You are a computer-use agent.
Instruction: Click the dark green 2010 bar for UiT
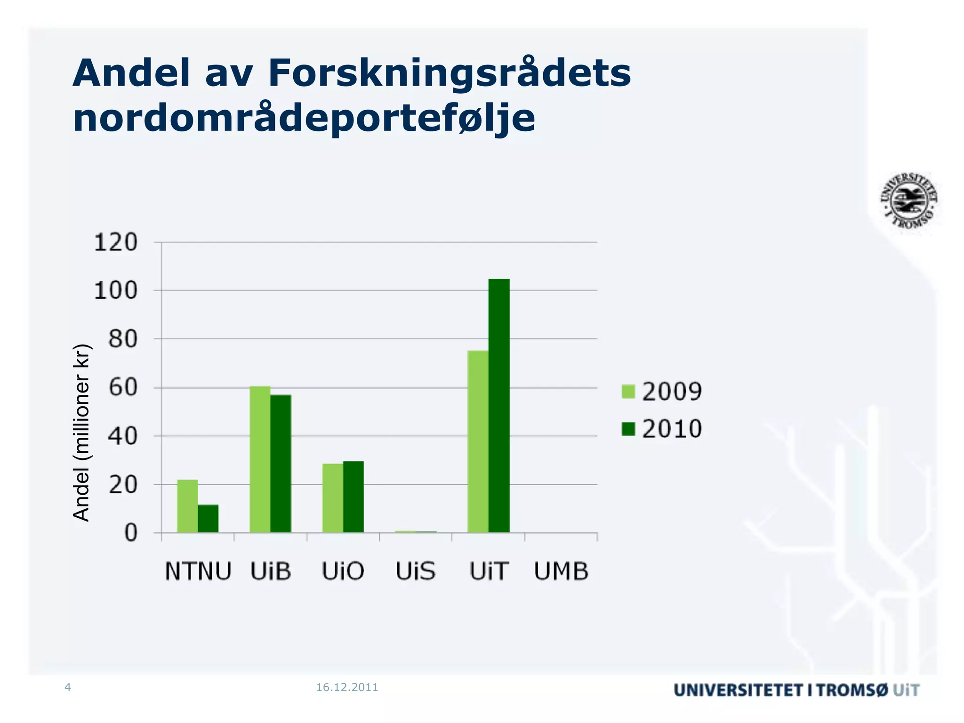[x=498, y=406]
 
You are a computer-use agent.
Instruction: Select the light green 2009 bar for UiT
[x=478, y=442]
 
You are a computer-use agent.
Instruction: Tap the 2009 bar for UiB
[x=260, y=459]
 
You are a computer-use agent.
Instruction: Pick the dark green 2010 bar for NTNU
[x=208, y=519]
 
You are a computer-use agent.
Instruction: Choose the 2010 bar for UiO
[x=353, y=497]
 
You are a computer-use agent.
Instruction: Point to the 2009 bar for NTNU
[x=187, y=506]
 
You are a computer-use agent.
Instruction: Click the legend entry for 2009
[x=661, y=391]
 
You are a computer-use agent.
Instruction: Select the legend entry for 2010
[x=661, y=429]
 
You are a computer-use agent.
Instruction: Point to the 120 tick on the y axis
[x=116, y=243]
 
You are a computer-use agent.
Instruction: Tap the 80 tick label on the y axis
[x=123, y=339]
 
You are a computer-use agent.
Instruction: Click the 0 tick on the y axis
[x=130, y=533]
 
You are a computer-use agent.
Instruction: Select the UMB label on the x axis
[x=561, y=571]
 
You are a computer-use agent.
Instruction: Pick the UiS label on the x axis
[x=416, y=571]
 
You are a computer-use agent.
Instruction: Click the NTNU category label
[x=198, y=571]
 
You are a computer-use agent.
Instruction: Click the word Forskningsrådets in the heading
[x=450, y=73]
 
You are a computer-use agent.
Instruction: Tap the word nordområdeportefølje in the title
[x=304, y=118]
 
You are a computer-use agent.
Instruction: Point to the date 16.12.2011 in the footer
[x=347, y=687]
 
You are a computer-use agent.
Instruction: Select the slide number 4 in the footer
[x=67, y=687]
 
